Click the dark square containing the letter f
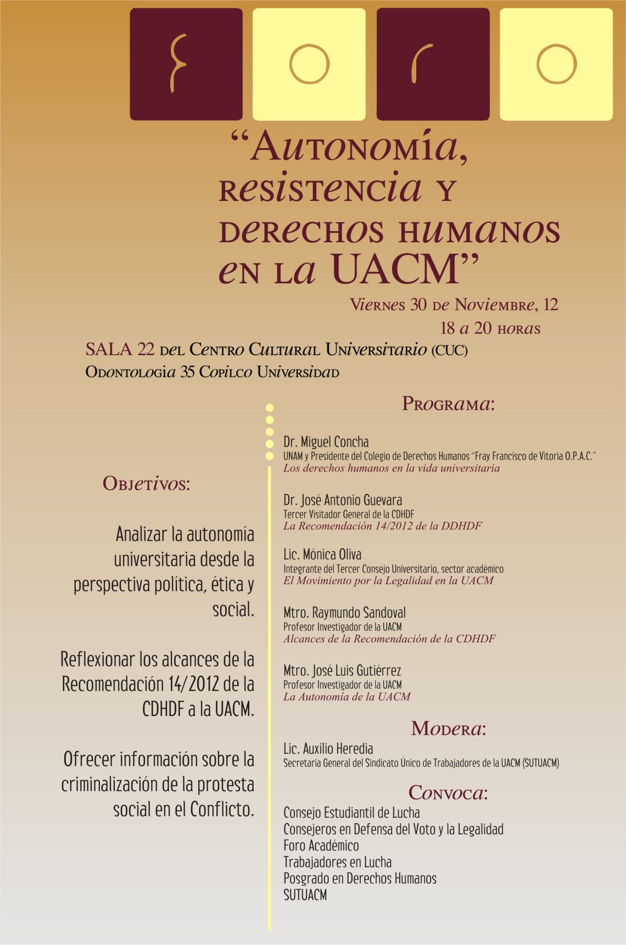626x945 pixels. pos(186,64)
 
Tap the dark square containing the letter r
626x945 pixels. pos(433,64)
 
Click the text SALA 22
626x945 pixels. pos(120,349)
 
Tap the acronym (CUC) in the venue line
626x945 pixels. pos(449,350)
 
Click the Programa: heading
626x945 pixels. pos(448,404)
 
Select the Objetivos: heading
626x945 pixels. pos(146,484)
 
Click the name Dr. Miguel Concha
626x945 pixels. pos(326,442)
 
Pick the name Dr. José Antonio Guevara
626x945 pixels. pos(343,500)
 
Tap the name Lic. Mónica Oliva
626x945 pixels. pos(322,555)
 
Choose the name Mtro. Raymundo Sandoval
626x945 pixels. pos(344,613)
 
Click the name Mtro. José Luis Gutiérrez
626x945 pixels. pos(342,671)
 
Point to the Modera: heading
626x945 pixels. pos(449,729)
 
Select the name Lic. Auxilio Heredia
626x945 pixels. pos(328,749)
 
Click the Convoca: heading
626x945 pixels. pos(448,793)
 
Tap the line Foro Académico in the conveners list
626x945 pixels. pos(321,846)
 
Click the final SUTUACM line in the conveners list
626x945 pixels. pos(305,895)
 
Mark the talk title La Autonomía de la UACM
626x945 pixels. pos(346,697)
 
